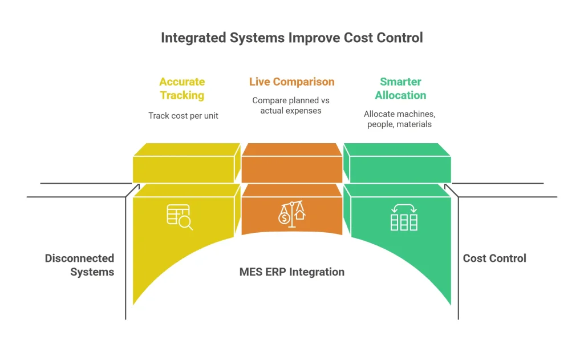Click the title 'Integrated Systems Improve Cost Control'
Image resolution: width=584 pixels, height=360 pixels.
[292, 38]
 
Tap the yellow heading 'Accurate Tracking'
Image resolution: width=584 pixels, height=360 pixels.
[182, 88]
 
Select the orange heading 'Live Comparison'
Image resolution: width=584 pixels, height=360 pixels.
[291, 82]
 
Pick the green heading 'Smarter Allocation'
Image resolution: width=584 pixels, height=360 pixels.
[400, 88]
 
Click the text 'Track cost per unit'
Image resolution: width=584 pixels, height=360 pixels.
[183, 116]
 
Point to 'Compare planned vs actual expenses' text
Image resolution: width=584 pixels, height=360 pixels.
[291, 105]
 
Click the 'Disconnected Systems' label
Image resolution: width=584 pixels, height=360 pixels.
[80, 265]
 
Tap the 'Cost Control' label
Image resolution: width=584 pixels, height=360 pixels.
[494, 258]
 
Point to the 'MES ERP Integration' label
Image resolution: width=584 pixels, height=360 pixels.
[291, 272]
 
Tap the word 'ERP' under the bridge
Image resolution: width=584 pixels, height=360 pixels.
[275, 272]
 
